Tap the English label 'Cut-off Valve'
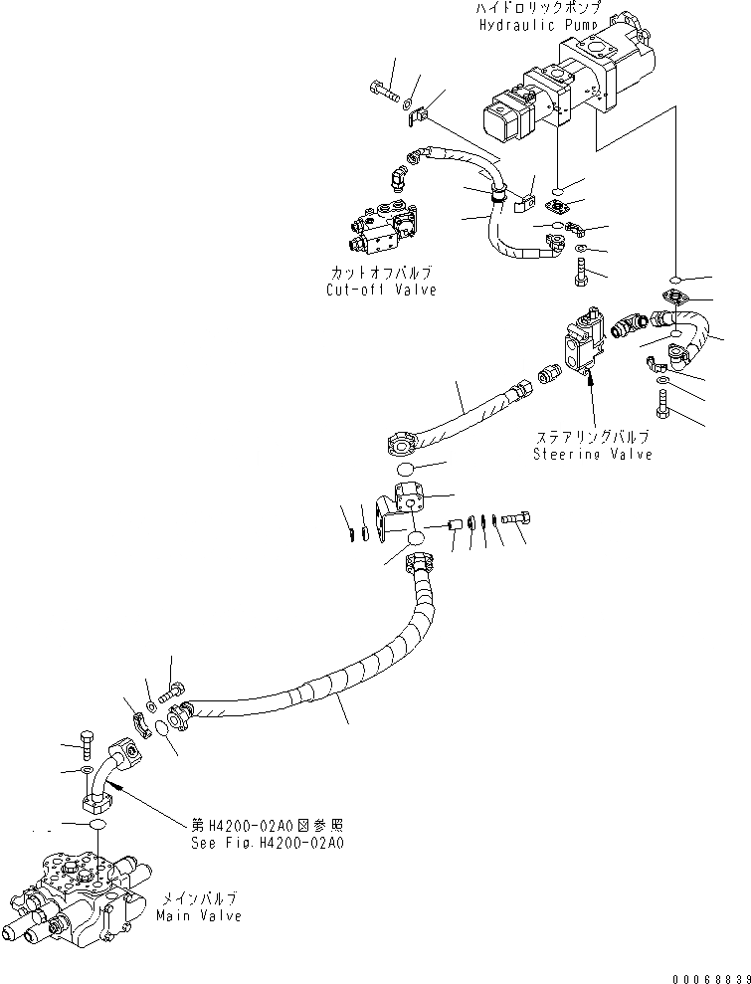pos(381,291)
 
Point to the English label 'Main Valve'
pos(198,915)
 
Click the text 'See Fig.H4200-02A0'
pos(268,841)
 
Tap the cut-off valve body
pos(382,229)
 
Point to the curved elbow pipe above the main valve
pos(107,772)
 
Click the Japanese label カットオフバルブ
pos(381,273)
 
